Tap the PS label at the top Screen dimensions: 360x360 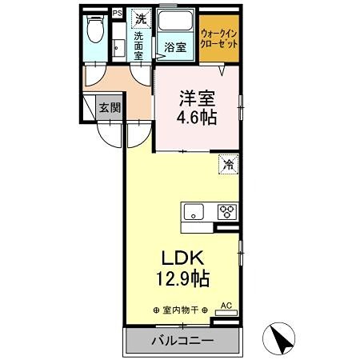(x=118, y=13)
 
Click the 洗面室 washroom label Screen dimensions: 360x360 (x=138, y=46)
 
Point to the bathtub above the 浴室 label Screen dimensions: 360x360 (x=175, y=22)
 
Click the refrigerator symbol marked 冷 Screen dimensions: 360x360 (x=228, y=166)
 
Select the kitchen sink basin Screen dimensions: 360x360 (x=194, y=212)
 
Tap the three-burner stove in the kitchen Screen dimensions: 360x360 (x=226, y=212)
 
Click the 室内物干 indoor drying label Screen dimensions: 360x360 (x=179, y=310)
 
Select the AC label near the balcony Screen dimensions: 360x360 (x=226, y=306)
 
